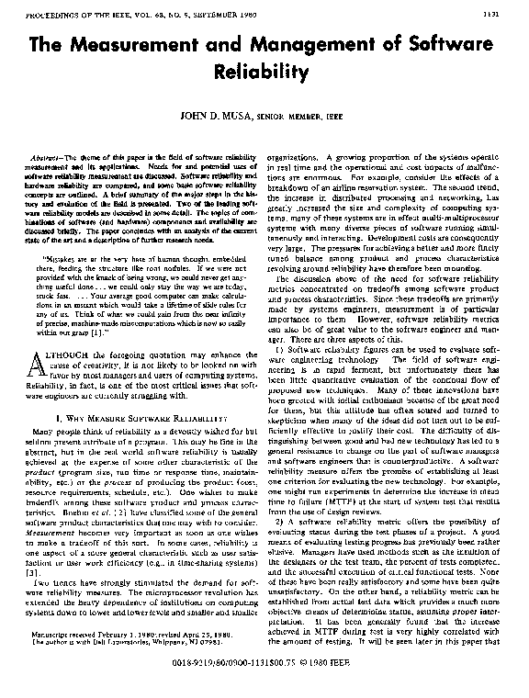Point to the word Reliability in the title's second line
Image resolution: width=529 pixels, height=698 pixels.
pyautogui.click(x=264, y=72)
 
